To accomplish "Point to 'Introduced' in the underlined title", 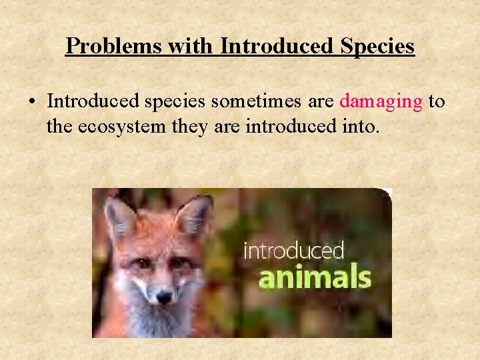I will (x=275, y=46).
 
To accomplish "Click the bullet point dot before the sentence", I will (x=31, y=103).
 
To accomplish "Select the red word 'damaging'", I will (x=381, y=101).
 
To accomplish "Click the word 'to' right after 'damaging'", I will (x=437, y=101).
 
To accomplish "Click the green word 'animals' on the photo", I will (x=314, y=276).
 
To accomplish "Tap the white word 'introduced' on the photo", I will (x=293, y=251).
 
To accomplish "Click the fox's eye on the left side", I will (x=141, y=263).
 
